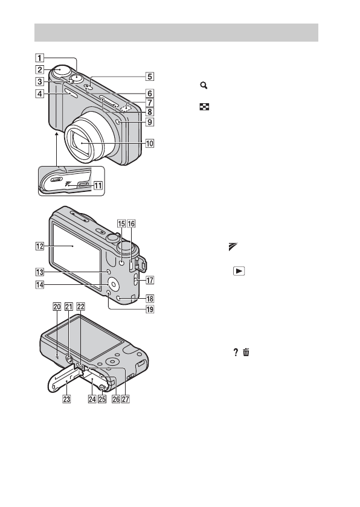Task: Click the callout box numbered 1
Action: pyautogui.click(x=39, y=58)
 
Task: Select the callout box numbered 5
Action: pyautogui.click(x=149, y=77)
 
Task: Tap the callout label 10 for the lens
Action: pyautogui.click(x=149, y=143)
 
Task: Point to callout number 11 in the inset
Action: pyautogui.click(x=98, y=186)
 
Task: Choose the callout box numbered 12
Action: pyautogui.click(x=39, y=246)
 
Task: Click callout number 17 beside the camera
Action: pyautogui.click(x=150, y=280)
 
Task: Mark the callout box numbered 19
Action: pyautogui.click(x=150, y=310)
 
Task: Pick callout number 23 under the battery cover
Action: pyautogui.click(x=66, y=399)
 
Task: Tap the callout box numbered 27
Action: pyautogui.click(x=125, y=399)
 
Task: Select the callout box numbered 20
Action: pyautogui.click(x=57, y=306)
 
